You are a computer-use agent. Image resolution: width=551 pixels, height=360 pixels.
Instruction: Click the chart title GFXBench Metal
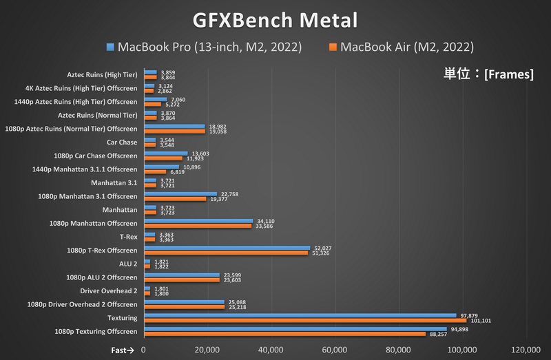[x=275, y=19]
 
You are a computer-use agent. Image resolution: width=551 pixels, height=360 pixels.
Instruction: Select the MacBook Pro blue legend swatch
[x=110, y=47]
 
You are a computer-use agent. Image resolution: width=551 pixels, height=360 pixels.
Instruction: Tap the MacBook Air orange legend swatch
[x=333, y=47]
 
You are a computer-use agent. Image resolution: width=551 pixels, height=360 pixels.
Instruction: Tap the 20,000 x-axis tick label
[x=207, y=350]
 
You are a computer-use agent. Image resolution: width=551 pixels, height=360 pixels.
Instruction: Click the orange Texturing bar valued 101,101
[x=305, y=320]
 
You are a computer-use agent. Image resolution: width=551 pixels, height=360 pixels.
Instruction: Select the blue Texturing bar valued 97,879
[x=300, y=315]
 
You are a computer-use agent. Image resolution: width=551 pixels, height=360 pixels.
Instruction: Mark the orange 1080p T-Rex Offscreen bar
[x=227, y=253]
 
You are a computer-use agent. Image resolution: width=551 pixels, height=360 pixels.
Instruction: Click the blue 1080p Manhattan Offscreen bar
[x=198, y=221]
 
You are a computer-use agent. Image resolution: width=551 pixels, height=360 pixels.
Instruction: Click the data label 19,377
[x=218, y=199]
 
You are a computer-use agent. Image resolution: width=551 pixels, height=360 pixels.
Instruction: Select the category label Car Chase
[x=123, y=142]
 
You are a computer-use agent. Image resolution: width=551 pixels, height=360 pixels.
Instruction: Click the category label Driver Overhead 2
[x=108, y=290]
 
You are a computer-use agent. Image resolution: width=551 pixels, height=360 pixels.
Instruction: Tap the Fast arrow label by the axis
[x=125, y=350]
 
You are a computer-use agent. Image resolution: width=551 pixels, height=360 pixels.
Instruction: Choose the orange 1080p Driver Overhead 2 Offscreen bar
[x=185, y=306]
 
